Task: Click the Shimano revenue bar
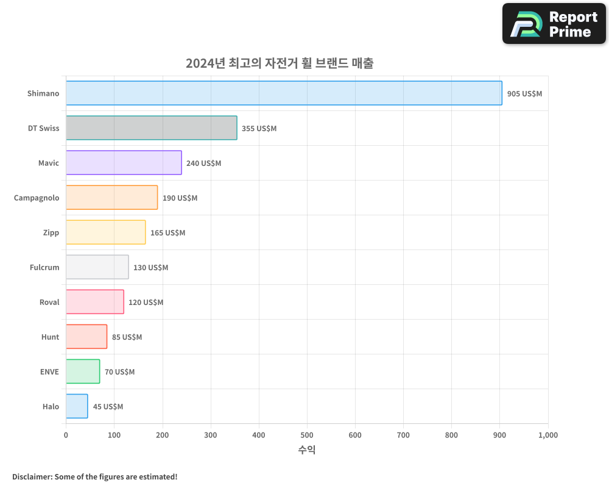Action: point(284,93)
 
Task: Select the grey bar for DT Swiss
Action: point(151,128)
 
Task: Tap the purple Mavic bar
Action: point(124,163)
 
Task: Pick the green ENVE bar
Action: point(83,371)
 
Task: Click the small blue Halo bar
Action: point(77,406)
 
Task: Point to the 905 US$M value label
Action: point(524,94)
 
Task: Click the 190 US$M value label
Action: point(180,198)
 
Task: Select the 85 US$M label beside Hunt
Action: point(127,337)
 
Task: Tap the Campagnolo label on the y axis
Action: point(37,198)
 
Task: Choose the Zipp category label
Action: point(51,233)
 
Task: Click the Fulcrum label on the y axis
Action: point(44,268)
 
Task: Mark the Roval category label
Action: point(49,303)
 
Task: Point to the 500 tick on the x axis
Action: point(307,436)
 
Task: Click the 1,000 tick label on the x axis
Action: point(547,436)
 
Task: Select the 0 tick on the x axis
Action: point(66,436)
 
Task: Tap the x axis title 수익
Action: point(307,450)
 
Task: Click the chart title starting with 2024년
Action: point(280,63)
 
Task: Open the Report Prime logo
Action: point(554,24)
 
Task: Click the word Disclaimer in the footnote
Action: point(31,477)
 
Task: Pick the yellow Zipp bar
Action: point(105,232)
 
